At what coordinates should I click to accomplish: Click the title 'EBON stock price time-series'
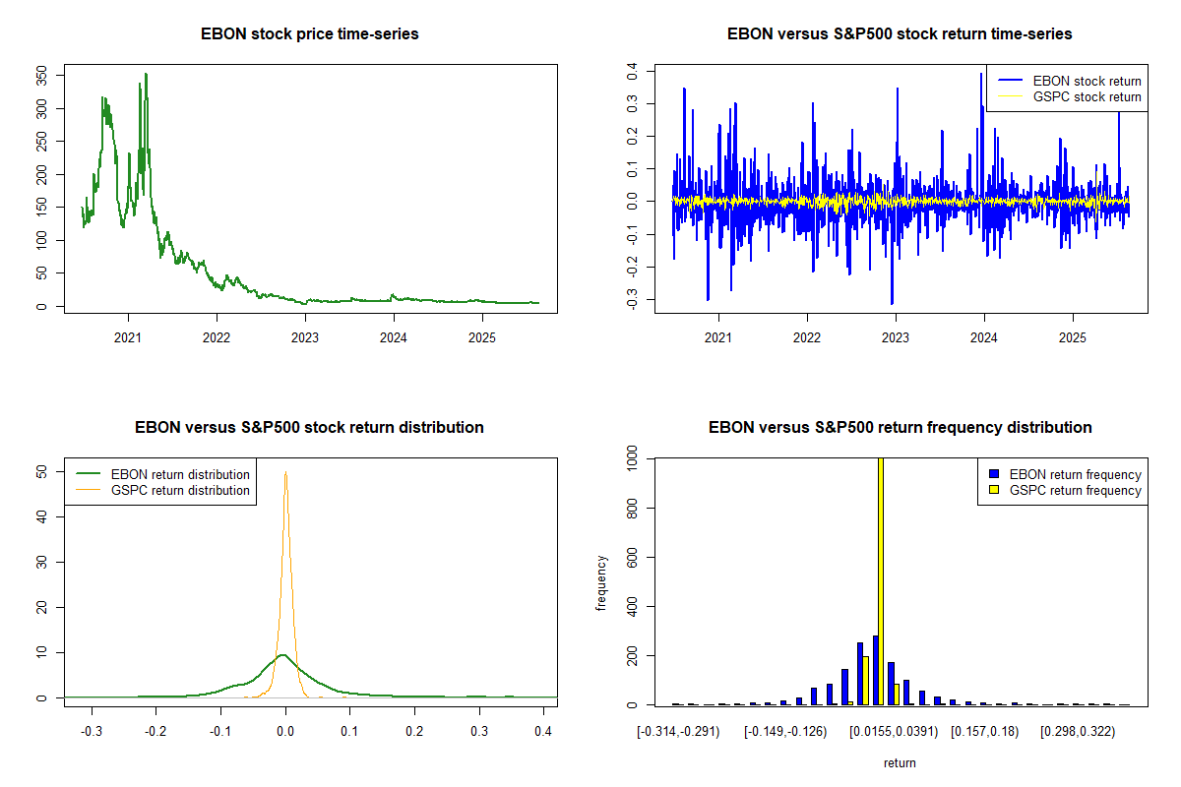310,34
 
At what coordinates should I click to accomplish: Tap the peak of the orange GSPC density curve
285,472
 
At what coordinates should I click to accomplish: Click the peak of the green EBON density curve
282,654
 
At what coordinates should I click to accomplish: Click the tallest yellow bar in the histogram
880,580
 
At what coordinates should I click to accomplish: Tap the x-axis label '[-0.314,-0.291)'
679,732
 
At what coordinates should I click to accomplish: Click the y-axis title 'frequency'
601,582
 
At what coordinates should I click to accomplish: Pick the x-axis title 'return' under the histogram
900,762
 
